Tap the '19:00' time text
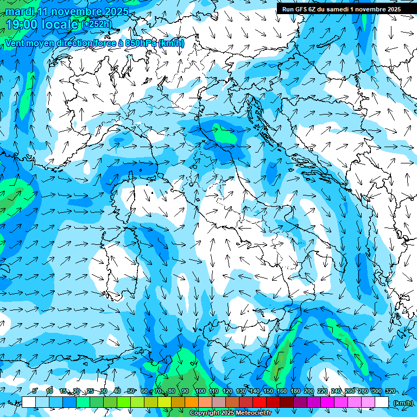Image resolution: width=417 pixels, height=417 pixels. coord(21,24)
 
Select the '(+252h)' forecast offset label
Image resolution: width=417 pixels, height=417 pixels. coord(98,24)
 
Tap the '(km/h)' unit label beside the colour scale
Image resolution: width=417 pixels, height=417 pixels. coord(403,403)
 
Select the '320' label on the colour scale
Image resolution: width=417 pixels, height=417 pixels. coord(390,391)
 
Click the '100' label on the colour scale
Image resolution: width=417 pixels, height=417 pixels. coord(200,391)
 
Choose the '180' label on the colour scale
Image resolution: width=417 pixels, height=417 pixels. coord(295,391)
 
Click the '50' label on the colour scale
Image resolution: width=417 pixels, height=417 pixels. coord(131,391)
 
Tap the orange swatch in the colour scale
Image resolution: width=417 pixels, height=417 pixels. coord(192,402)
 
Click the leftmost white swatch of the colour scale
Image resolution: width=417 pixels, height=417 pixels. coord(29,402)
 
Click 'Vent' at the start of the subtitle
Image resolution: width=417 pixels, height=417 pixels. coord(15,43)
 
